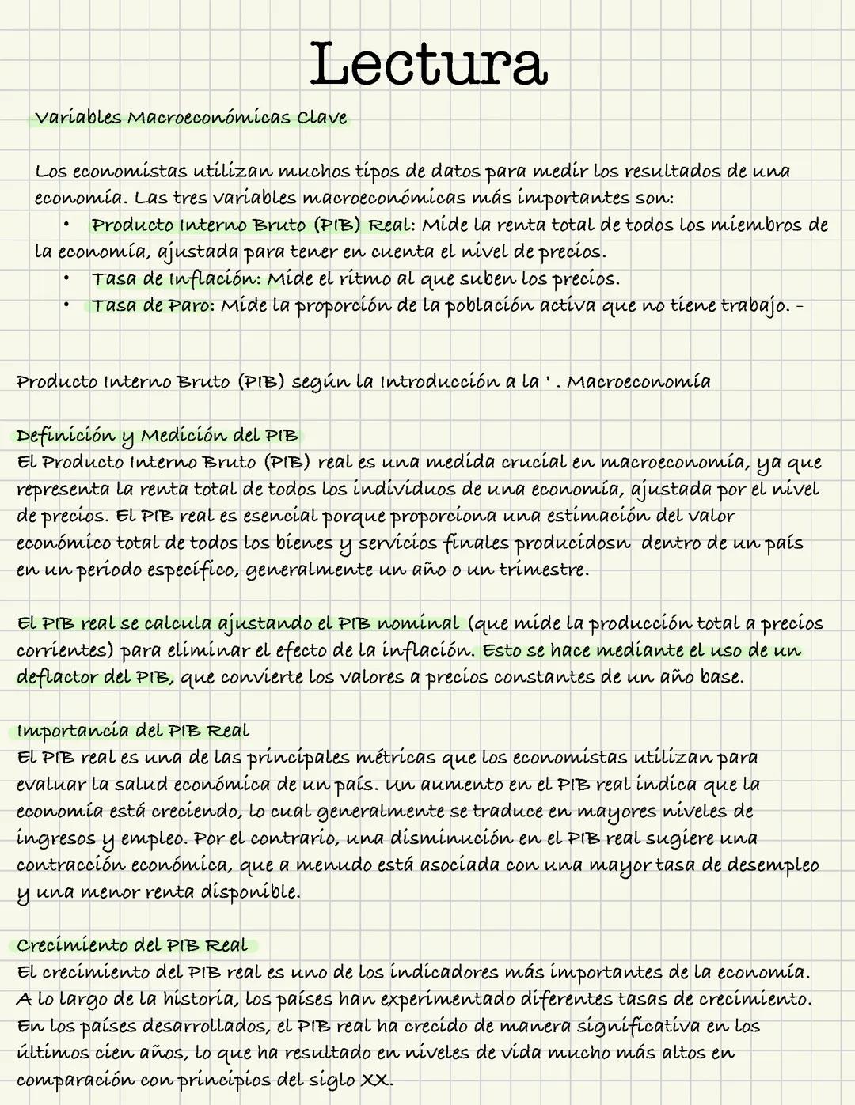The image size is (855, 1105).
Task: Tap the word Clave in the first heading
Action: (x=322, y=118)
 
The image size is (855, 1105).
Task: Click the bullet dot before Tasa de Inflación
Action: (x=67, y=278)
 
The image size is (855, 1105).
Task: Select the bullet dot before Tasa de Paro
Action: (x=67, y=305)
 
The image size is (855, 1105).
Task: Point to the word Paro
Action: (x=188, y=305)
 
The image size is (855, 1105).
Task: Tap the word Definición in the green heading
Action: (x=66, y=436)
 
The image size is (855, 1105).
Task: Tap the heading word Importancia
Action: (x=72, y=731)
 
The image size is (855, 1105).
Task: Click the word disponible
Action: (x=249, y=892)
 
